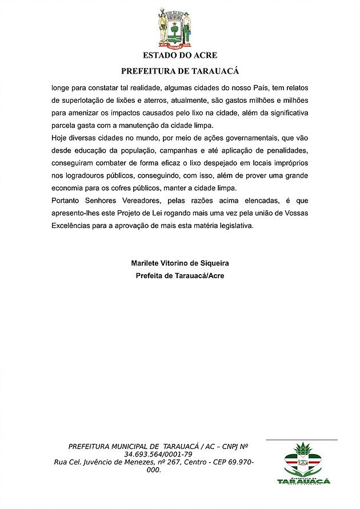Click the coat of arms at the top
click(174, 28)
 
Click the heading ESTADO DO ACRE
click(179, 55)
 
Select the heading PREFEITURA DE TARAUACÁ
click(179, 71)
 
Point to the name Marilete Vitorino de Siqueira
click(180, 263)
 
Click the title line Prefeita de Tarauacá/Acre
click(180, 275)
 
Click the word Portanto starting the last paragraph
click(66, 201)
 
